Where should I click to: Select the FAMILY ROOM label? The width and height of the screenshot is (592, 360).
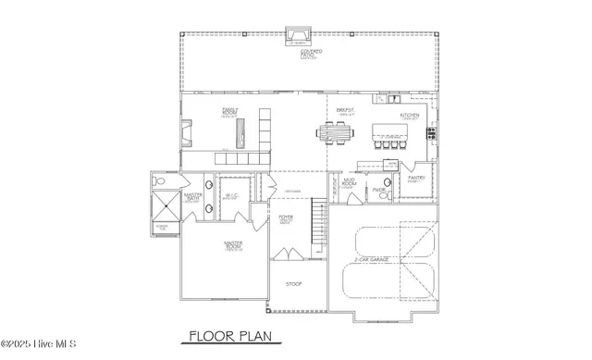click(230, 112)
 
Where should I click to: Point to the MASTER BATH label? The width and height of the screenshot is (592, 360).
click(193, 197)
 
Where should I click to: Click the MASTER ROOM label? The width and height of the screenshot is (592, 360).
click(233, 245)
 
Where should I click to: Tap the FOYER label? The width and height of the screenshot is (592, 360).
click(286, 219)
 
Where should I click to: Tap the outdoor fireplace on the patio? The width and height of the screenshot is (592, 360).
click(296, 35)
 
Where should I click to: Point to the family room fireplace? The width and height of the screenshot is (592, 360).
click(187, 136)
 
